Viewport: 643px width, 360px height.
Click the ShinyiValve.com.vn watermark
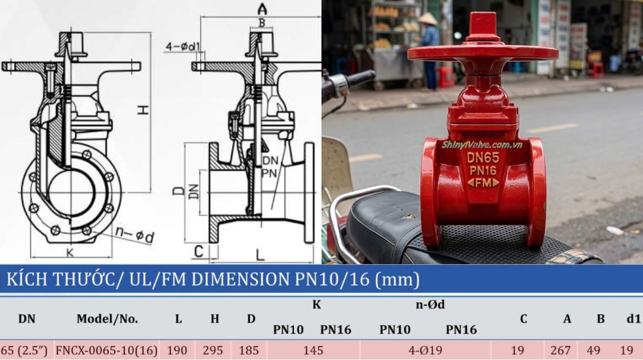(x=482, y=145)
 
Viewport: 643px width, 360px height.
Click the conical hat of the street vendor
(x=427, y=19)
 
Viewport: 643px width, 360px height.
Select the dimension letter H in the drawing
(x=143, y=110)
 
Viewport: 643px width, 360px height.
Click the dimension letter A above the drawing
(x=262, y=8)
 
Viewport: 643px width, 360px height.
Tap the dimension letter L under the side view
(x=260, y=255)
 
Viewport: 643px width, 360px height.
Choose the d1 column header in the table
(x=633, y=318)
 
